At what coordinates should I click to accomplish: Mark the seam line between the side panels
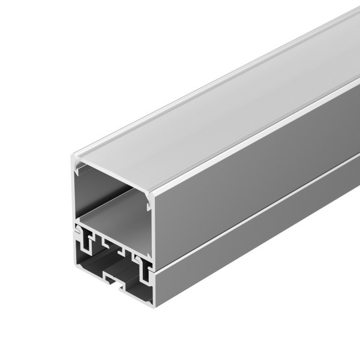coord(252,210)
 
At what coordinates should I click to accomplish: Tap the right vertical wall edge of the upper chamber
coord(151,228)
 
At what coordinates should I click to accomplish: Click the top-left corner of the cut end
coord(73,157)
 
